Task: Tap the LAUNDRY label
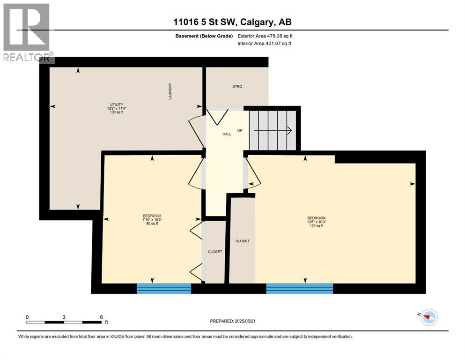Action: click(171, 91)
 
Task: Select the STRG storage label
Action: click(237, 87)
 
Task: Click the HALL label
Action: click(227, 134)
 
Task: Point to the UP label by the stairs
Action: click(240, 130)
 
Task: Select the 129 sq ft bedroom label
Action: click(316, 222)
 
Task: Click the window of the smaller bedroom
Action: click(163, 288)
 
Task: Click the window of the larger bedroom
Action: click(299, 288)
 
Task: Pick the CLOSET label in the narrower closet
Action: click(215, 252)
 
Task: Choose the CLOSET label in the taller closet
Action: click(243, 241)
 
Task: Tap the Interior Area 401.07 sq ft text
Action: click(265, 44)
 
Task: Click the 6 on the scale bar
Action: click(102, 317)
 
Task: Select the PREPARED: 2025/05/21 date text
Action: click(234, 321)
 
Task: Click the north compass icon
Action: click(428, 317)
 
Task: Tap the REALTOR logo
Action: click(27, 32)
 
